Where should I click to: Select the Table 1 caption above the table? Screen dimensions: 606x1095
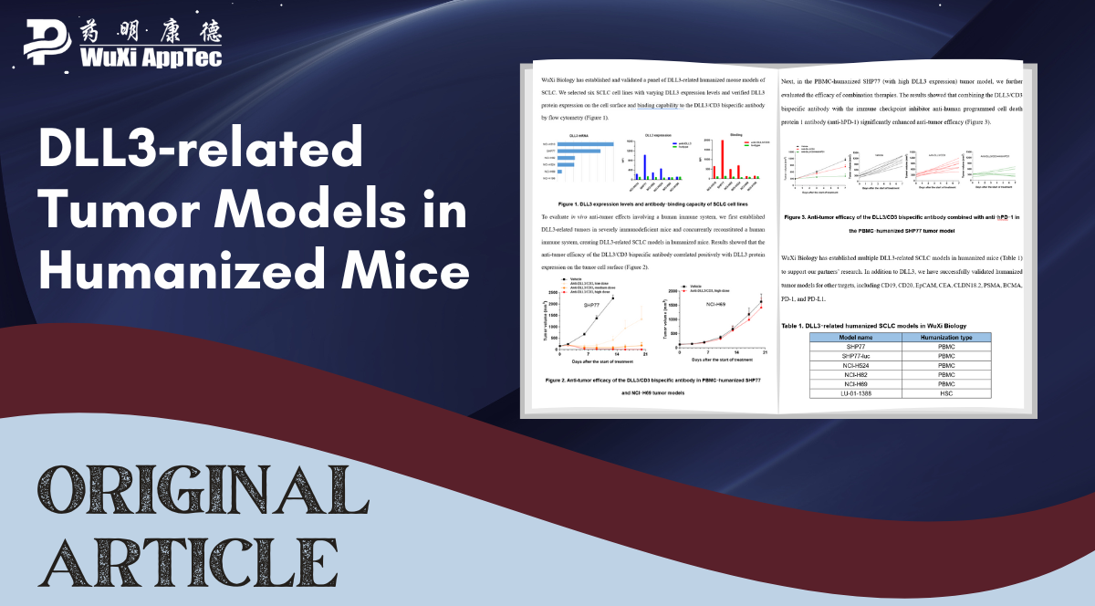pyautogui.click(x=873, y=325)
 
